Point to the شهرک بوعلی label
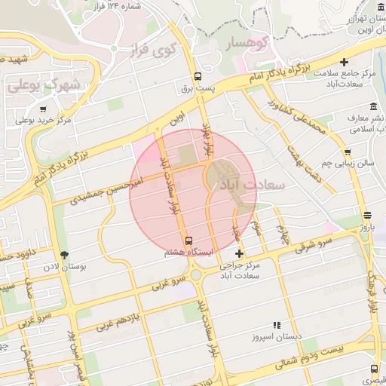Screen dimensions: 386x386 click(x=44, y=86)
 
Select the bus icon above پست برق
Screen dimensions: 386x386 click(x=198, y=76)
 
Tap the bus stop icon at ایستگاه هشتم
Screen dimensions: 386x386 click(x=188, y=241)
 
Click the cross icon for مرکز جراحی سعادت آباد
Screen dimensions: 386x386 click(x=239, y=254)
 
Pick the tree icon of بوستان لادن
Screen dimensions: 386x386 click(x=63, y=254)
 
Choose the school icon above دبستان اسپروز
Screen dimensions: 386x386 click(x=276, y=326)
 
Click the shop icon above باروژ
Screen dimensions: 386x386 click(x=366, y=215)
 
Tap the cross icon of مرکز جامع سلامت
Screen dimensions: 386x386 click(x=345, y=62)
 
